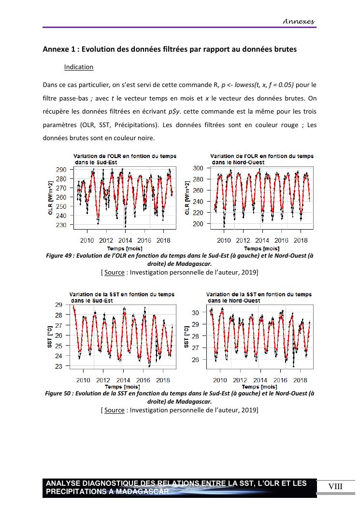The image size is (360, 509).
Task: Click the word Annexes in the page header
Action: pos(299,21)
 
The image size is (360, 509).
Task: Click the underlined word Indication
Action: pos(79,67)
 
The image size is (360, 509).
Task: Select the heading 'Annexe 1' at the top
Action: pos(62,49)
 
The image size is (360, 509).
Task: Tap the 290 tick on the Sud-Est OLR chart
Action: pos(61,170)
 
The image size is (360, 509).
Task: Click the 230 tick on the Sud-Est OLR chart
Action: pos(61,225)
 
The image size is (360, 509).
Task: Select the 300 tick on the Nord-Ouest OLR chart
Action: pos(198,168)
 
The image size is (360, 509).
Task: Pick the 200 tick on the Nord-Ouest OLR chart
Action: pos(198,224)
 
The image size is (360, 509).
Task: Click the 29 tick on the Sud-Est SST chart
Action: pos(58,305)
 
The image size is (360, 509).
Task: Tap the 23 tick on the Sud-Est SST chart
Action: pos(58,366)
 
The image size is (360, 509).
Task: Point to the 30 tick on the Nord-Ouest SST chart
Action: pos(195,313)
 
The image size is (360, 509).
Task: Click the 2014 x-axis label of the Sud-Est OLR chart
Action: pos(125,240)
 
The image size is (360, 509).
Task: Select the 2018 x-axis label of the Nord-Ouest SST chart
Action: pos(301,380)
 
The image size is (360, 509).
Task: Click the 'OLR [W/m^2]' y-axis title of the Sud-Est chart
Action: pos(51,197)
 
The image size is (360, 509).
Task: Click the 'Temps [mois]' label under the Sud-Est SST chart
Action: pos(122,387)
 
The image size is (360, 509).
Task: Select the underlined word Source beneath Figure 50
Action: pos(115,410)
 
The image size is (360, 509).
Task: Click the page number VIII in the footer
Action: pos(335,486)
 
